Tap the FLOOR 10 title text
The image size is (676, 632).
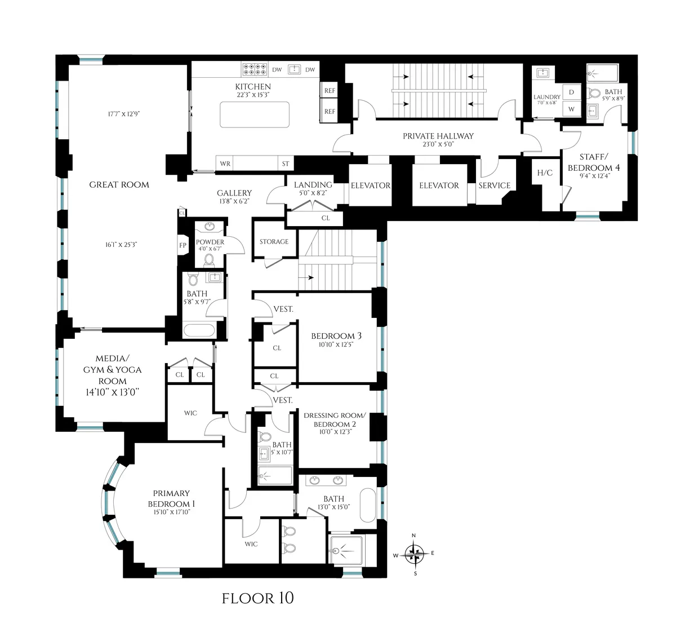click(257, 598)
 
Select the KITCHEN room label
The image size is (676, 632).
click(253, 86)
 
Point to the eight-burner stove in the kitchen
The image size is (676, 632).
click(254, 69)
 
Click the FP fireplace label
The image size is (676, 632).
click(183, 245)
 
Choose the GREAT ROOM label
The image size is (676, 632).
click(119, 184)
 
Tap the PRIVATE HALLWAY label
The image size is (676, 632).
click(438, 136)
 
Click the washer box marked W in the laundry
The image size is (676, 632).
click(571, 109)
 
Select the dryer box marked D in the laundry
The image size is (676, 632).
click(571, 92)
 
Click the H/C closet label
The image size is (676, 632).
click(545, 173)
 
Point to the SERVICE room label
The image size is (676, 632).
click(494, 185)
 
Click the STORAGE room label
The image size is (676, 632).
click(274, 241)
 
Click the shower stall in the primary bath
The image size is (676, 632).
click(346, 551)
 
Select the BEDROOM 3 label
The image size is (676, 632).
click(336, 336)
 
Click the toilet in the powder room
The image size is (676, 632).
click(210, 260)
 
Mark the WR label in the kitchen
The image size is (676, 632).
click(225, 163)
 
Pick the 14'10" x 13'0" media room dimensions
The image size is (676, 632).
click(112, 392)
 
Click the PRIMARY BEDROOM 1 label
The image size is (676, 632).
click(171, 498)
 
